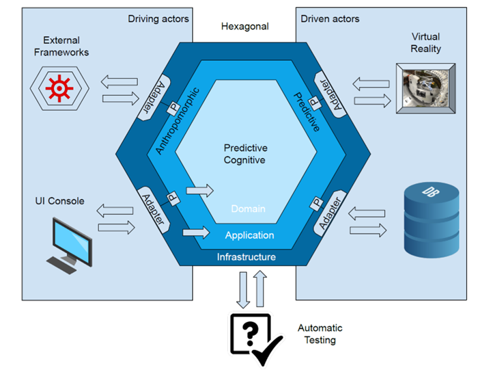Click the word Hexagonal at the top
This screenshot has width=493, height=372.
(245, 27)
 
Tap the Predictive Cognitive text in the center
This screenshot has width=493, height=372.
(246, 154)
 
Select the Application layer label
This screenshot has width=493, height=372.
(249, 235)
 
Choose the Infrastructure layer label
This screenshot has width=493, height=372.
(246, 257)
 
